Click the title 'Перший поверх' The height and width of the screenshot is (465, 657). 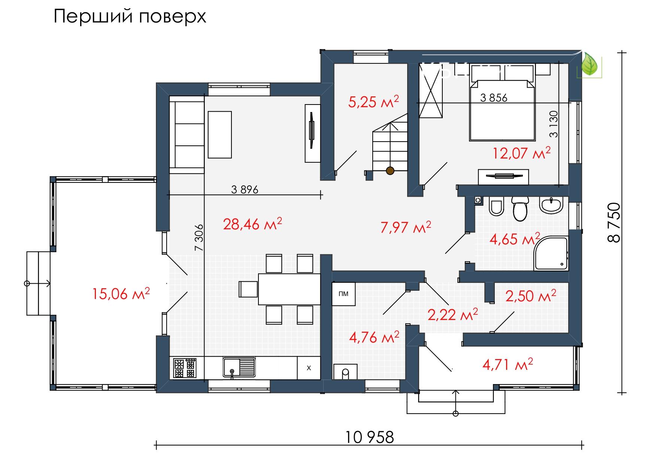[130, 17]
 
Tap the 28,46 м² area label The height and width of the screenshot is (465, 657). [252, 224]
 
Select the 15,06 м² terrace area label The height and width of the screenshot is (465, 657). [121, 293]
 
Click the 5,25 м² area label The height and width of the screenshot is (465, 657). [373, 102]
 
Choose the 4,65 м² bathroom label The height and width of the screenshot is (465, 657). [515, 238]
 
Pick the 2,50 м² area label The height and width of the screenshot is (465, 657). [531, 296]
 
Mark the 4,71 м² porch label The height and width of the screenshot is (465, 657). [508, 364]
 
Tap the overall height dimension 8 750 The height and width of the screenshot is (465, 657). [614, 223]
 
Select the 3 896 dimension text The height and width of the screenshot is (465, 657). [245, 190]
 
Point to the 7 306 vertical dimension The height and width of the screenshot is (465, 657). [199, 237]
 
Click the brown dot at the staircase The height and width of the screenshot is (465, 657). [390, 171]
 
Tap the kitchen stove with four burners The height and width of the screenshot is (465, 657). [185, 368]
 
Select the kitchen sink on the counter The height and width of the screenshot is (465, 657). [239, 367]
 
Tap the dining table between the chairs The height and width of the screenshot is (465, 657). [289, 289]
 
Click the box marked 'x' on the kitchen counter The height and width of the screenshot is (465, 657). [309, 368]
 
